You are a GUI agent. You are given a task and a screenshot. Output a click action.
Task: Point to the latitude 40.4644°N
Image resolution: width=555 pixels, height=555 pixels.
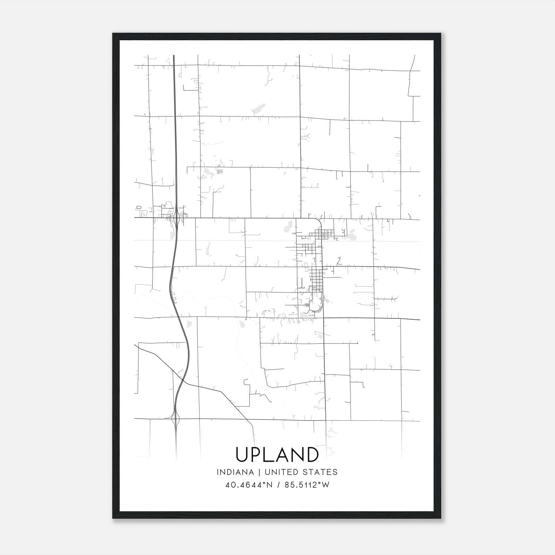coord(249,485)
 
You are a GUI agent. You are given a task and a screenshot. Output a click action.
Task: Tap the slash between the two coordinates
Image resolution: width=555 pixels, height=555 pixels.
coord(279,485)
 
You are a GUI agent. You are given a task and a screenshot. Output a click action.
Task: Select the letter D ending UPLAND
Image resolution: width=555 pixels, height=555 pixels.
coord(312,454)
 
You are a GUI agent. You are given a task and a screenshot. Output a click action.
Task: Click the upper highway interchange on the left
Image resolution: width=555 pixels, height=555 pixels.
coord(177,218)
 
